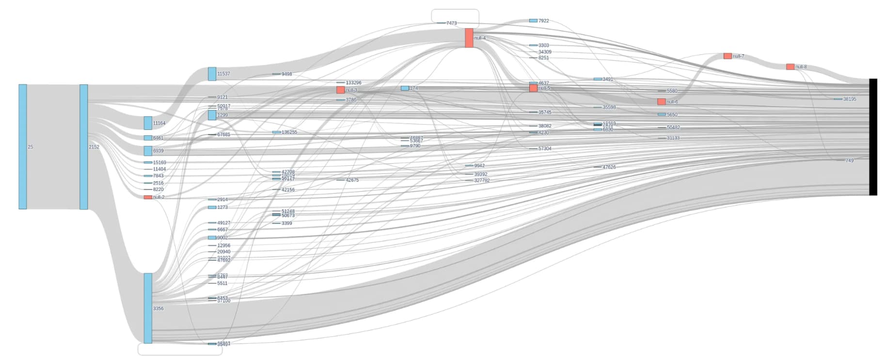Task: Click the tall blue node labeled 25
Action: (23, 147)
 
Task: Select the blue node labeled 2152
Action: (84, 147)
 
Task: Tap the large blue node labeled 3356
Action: (148, 308)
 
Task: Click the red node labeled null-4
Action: (469, 38)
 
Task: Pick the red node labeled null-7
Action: (727, 56)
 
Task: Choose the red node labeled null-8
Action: (790, 67)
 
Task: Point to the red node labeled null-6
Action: (661, 102)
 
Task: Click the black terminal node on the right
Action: (872, 137)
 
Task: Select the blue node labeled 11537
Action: (212, 74)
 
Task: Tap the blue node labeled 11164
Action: (148, 123)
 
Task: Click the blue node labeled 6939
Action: (148, 151)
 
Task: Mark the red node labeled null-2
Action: (148, 197)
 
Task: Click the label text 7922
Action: (544, 21)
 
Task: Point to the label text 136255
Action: (289, 132)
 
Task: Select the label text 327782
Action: (482, 181)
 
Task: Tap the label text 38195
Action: (850, 99)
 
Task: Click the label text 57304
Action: (545, 149)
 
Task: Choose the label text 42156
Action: (288, 190)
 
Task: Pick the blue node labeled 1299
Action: (212, 115)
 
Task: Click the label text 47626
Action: (609, 167)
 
